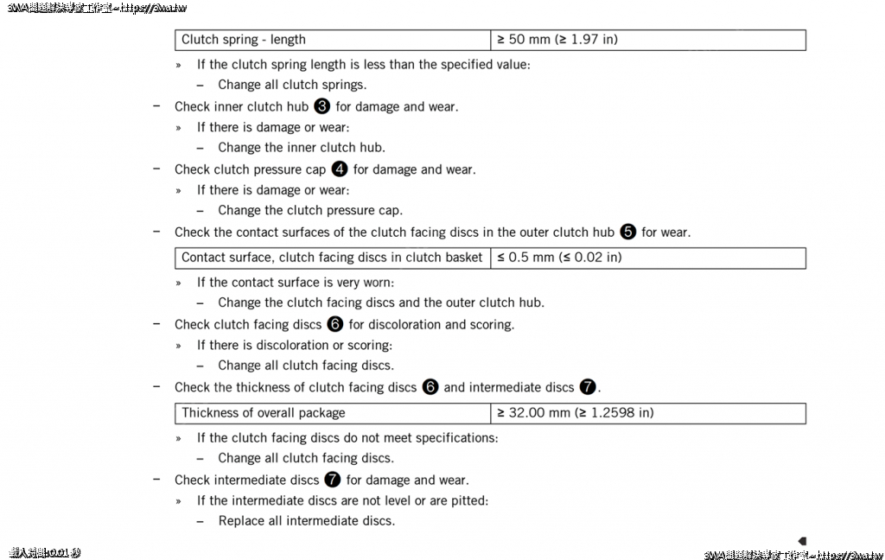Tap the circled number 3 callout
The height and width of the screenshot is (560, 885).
322,106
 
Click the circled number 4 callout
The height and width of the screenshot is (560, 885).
340,169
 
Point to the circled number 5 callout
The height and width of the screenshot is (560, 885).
628,232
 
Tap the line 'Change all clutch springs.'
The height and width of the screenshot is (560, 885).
292,85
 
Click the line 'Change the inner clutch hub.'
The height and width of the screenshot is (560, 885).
302,148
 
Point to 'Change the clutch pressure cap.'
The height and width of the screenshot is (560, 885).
310,210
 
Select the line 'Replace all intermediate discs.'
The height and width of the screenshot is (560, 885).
306,521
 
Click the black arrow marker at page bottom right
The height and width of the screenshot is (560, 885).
802,541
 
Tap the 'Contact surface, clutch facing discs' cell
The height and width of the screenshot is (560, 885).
332,258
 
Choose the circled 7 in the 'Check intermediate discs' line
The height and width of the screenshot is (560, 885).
333,480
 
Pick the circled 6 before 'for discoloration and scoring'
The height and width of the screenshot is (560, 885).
335,324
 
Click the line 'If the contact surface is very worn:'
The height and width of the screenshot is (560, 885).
296,283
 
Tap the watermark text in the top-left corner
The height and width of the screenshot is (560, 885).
97,8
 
